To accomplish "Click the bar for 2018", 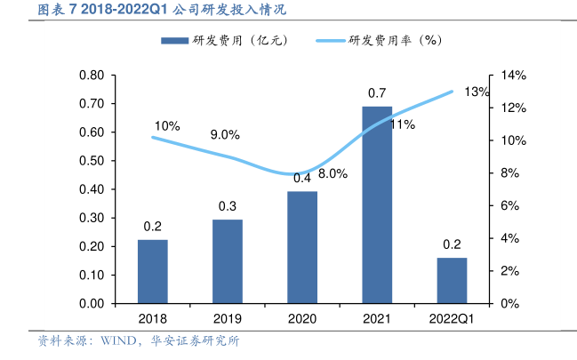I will [x=153, y=271].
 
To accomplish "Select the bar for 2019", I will [x=228, y=261].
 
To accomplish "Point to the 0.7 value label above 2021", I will [x=377, y=93].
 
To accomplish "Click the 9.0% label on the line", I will [x=225, y=135].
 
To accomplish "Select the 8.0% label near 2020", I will [x=332, y=174].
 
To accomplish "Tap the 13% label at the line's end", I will [x=477, y=92].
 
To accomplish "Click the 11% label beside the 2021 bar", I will [x=403, y=125].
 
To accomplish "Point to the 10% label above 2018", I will [x=166, y=126].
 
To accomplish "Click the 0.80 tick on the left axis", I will [x=92, y=76].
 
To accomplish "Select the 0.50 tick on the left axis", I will [x=92, y=161].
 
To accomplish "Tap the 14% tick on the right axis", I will [x=514, y=76].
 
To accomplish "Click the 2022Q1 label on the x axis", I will [x=452, y=319].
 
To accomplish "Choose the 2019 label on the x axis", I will [x=228, y=319].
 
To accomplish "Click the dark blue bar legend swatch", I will [x=174, y=40].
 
